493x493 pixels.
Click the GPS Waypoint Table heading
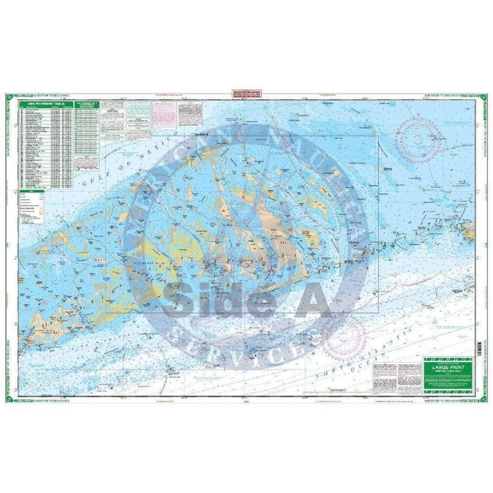(x=45, y=104)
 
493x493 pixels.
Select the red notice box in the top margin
(x=246, y=93)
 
